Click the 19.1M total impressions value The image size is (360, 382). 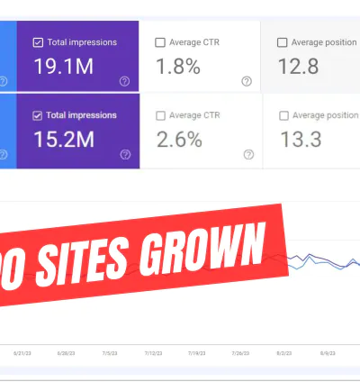point(63,68)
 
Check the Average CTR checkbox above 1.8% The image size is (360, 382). point(160,41)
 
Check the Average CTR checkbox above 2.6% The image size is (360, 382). point(160,115)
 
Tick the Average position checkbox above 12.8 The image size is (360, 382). point(283,41)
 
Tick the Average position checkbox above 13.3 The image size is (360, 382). point(285,115)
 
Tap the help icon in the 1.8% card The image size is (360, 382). point(247,81)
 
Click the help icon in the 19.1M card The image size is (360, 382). point(124,81)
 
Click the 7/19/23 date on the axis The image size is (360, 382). point(197,354)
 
